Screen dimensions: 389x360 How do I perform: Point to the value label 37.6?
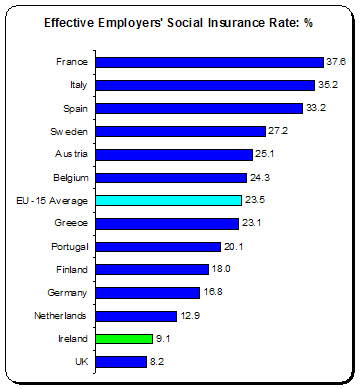point(335,62)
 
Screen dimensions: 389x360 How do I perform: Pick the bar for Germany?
point(148,292)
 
